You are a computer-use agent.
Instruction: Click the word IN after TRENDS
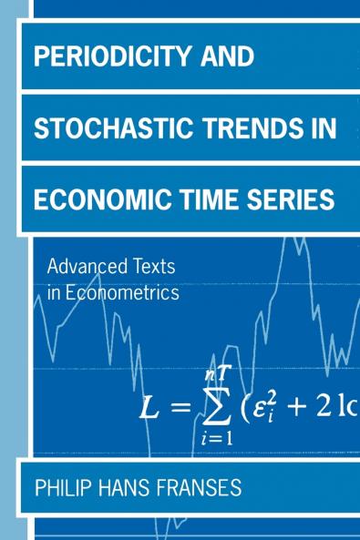point(324,127)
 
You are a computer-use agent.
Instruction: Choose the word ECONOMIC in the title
point(95,199)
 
